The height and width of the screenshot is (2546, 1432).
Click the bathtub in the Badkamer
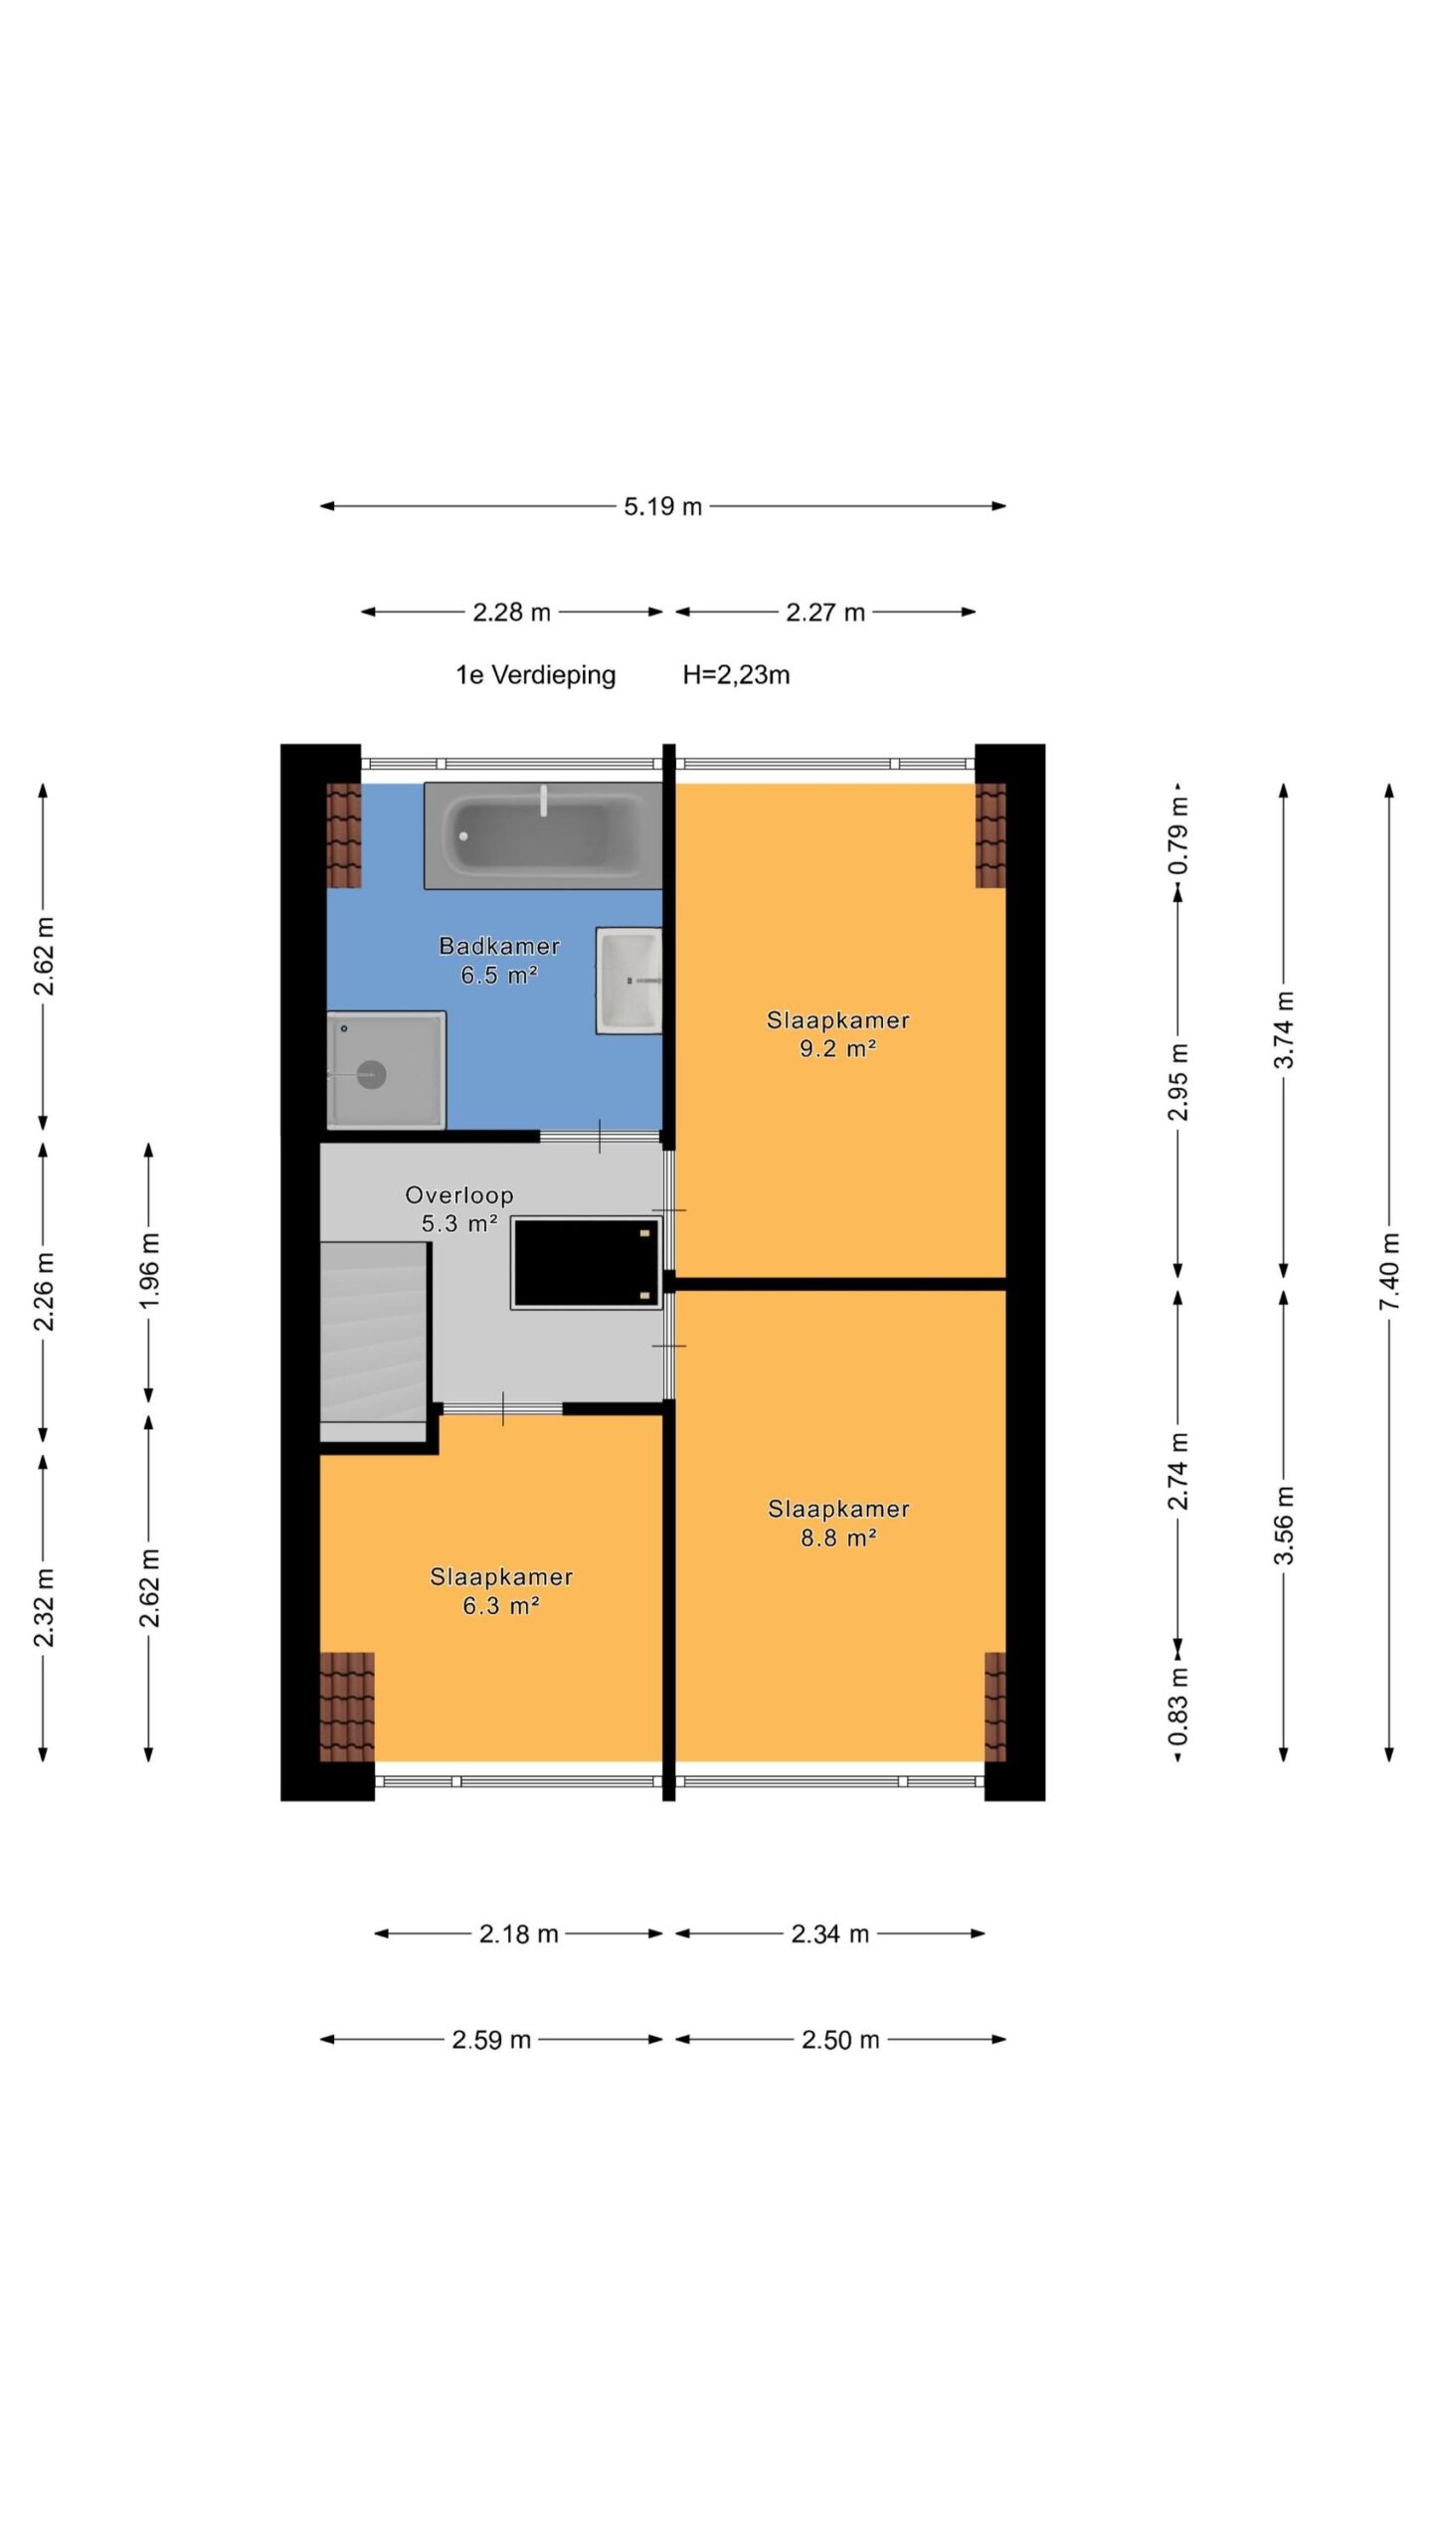(543, 834)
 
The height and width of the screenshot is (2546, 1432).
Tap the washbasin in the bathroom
(629, 981)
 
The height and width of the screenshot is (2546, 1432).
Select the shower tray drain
(371, 1074)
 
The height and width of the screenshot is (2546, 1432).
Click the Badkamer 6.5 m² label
(499, 960)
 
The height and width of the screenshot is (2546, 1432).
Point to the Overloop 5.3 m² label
(459, 1208)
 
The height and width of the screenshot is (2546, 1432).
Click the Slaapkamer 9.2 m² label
(838, 1033)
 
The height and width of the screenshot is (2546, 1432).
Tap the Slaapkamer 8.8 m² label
(838, 1523)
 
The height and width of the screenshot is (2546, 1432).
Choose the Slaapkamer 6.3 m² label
(501, 1590)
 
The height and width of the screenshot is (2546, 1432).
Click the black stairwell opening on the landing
(587, 1262)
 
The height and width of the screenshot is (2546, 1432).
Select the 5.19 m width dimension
(663, 506)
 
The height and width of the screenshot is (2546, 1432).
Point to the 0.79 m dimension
(1178, 835)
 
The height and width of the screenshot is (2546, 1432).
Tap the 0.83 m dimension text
(1178, 1707)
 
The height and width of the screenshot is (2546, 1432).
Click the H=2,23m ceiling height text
(736, 675)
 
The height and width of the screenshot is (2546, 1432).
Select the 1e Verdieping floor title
(536, 675)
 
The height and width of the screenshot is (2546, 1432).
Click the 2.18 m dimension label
(519, 1933)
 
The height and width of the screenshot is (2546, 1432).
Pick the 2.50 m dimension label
(840, 2040)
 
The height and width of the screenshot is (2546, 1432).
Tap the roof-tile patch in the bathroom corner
(344, 835)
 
